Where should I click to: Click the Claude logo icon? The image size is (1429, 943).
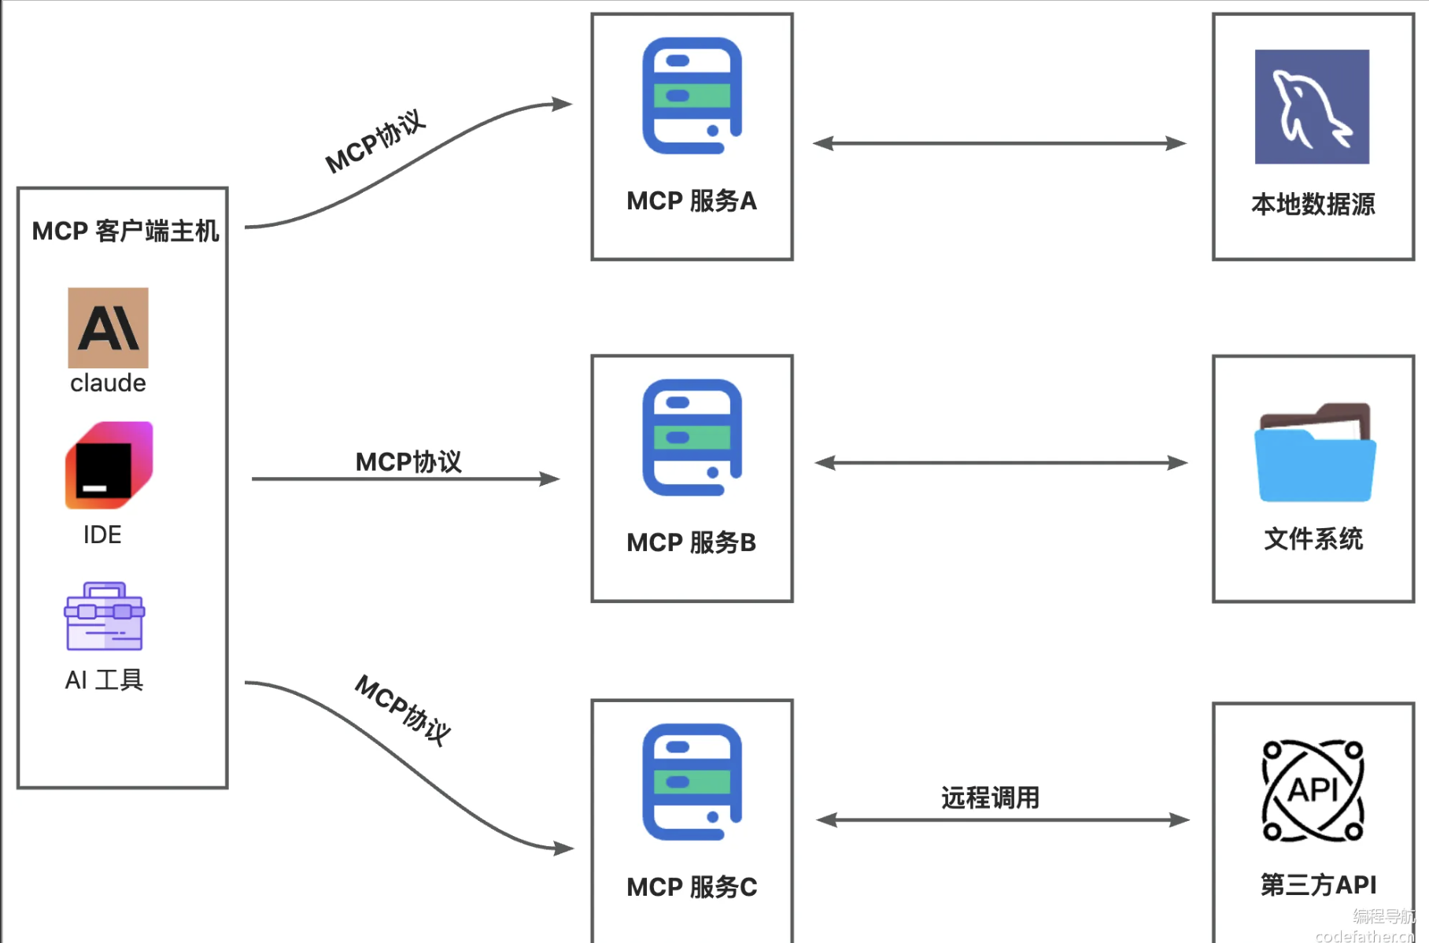tap(108, 327)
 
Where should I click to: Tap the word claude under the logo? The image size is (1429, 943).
tap(108, 383)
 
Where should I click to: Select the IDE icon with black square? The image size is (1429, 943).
tap(109, 465)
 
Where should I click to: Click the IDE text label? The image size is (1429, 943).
tap(102, 535)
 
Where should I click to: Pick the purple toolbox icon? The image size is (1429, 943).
tap(105, 616)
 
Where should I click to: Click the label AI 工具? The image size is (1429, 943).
tap(104, 680)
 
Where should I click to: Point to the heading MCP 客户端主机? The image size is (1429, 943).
tap(125, 231)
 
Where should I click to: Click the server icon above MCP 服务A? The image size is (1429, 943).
tap(692, 96)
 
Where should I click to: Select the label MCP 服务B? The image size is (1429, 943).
tap(691, 543)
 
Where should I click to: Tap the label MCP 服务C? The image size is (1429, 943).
tap(691, 887)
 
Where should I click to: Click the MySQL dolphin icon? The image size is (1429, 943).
tap(1312, 107)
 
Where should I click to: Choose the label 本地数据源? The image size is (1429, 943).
tap(1313, 205)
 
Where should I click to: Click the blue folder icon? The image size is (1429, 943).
tap(1314, 454)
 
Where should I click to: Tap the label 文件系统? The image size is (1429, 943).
tap(1313, 539)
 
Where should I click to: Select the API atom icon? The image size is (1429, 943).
tap(1313, 790)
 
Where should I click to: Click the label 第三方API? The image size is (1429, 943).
tap(1318, 885)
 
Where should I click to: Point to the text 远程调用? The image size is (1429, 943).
tap(990, 798)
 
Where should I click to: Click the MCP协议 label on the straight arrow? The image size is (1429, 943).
tap(408, 462)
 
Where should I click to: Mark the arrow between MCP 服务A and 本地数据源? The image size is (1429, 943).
tap(999, 143)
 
